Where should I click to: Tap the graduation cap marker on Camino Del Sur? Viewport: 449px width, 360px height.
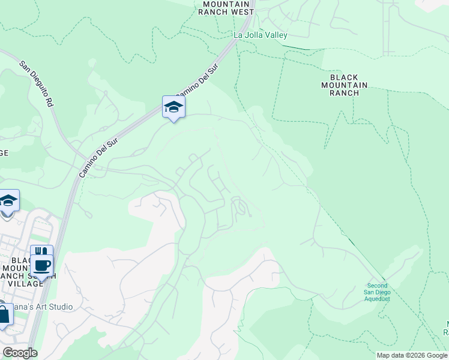(x=173, y=107)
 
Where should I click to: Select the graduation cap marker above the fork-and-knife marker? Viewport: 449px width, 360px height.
(x=8, y=200)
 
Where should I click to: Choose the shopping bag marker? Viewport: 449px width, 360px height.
(x=3, y=315)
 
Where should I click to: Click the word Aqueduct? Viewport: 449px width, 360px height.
(x=378, y=299)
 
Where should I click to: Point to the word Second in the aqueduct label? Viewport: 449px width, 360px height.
(x=378, y=286)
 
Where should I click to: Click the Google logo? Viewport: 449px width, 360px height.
(x=20, y=353)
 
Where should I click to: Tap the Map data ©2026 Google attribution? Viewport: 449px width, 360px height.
(x=411, y=355)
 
